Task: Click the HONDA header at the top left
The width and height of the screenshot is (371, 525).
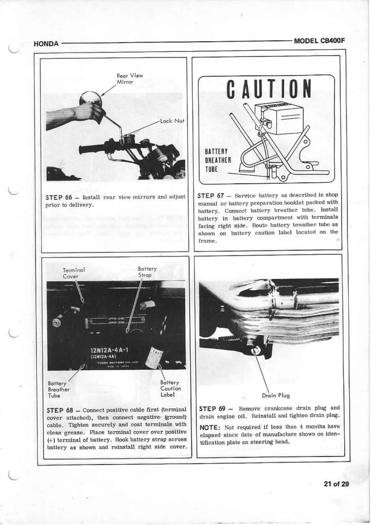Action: [46, 44]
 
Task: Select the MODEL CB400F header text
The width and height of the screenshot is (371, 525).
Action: [319, 41]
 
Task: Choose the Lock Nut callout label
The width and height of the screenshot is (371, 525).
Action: [172, 121]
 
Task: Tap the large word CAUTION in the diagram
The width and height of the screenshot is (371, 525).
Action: [269, 89]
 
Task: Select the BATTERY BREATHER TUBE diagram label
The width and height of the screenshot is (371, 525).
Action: [217, 160]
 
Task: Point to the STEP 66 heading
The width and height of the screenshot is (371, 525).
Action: [59, 197]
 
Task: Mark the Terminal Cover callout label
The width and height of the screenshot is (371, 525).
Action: [73, 273]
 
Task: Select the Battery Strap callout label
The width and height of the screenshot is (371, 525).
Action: [147, 272]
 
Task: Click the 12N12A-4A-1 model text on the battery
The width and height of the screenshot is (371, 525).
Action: [107, 350]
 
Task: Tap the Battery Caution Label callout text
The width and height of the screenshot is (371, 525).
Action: [170, 388]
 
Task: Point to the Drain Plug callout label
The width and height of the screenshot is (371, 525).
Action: [276, 396]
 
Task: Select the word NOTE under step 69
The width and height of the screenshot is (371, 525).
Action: [210, 427]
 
